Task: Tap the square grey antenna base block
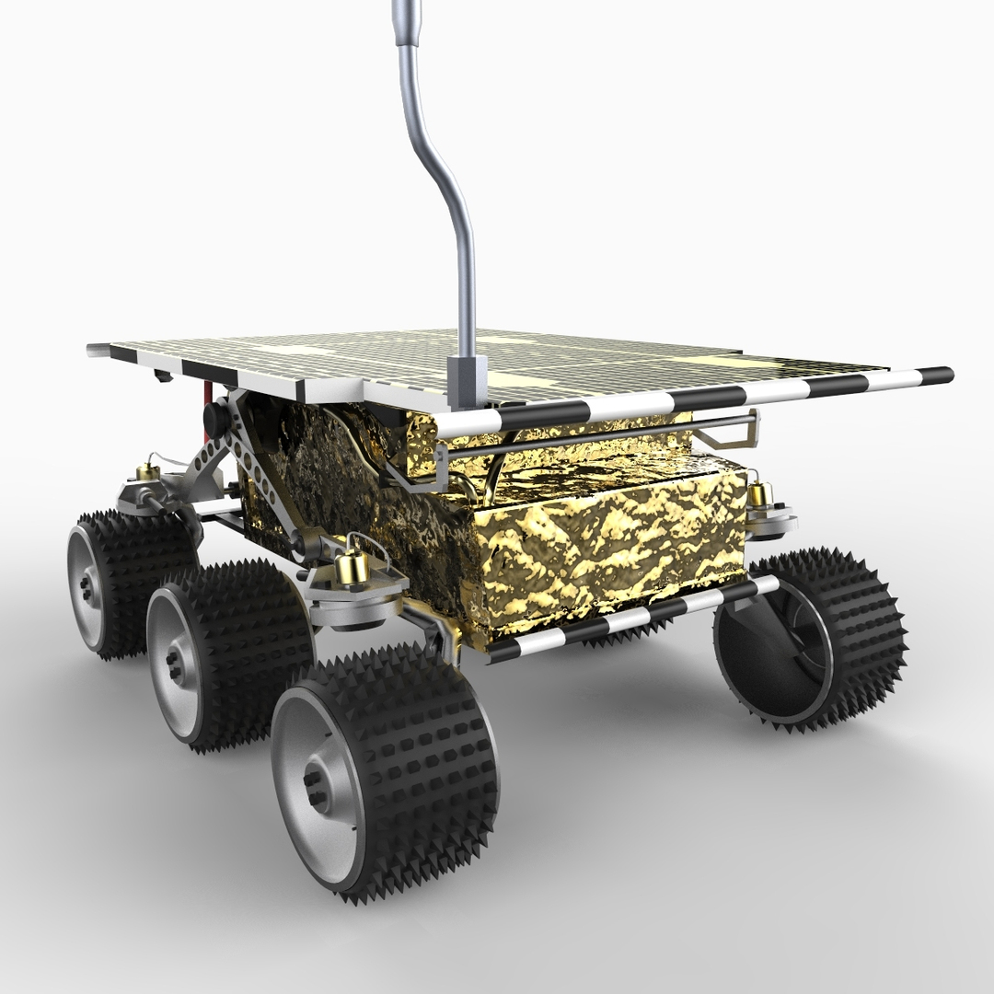[x=468, y=377]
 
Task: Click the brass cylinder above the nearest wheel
[x=350, y=566]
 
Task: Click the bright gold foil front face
[x=607, y=552]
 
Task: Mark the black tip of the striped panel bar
[x=939, y=375]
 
